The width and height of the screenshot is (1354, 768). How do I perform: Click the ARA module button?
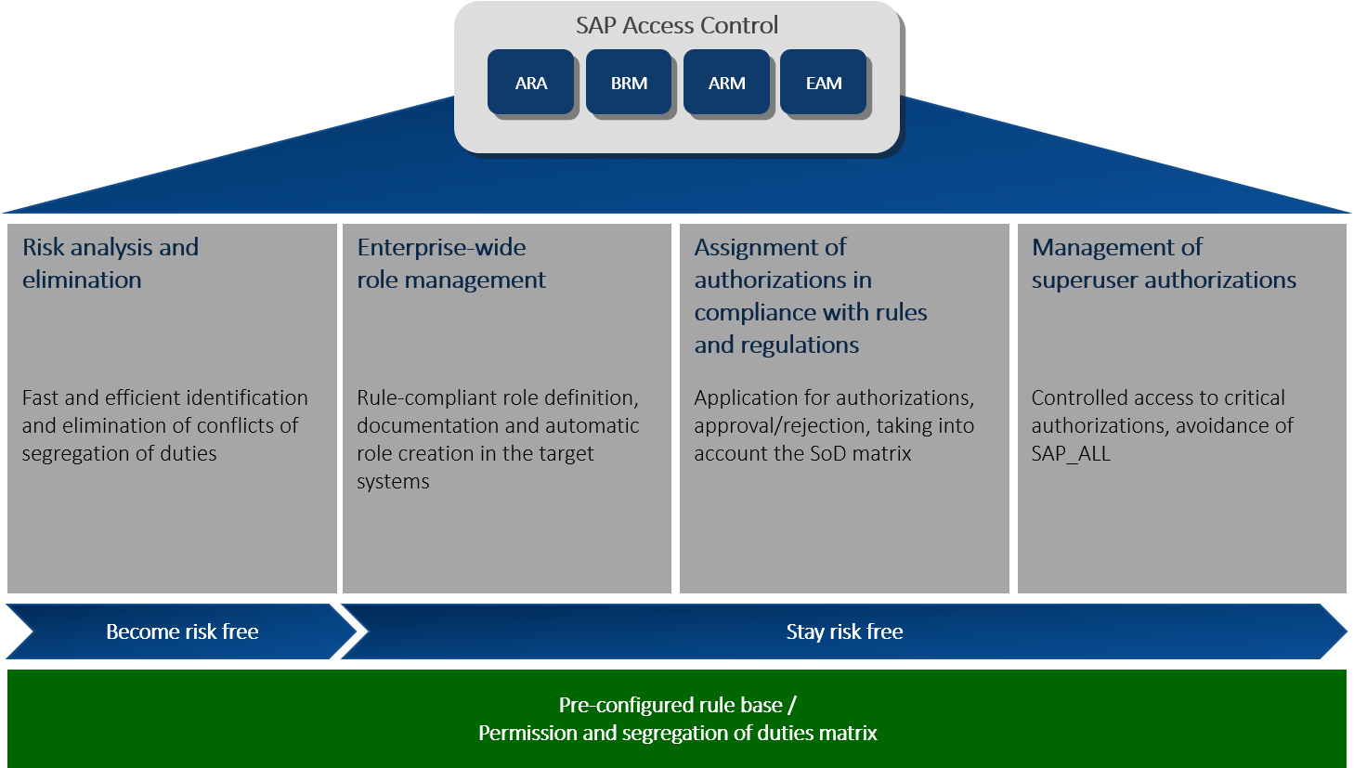point(530,83)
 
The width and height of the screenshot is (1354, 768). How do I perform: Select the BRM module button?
point(629,83)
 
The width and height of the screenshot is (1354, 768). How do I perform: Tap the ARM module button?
point(726,83)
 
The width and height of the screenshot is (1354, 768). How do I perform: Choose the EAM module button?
point(824,83)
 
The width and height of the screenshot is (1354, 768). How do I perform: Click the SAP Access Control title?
point(677,25)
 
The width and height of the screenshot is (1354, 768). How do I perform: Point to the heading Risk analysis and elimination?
point(110,263)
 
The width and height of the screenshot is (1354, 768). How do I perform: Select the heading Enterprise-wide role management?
point(451,263)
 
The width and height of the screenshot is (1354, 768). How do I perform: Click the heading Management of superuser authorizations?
point(1163,263)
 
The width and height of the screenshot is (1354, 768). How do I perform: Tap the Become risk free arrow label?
point(182,631)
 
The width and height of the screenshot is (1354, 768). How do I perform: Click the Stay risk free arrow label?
point(844,631)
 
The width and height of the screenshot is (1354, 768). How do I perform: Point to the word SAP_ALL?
point(1071,453)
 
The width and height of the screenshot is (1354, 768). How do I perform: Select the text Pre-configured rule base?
point(670,705)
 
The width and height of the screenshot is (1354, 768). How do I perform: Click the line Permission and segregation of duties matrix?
point(677,733)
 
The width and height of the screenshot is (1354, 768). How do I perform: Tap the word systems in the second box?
point(393,481)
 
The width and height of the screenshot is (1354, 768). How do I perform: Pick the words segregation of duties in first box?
point(119,453)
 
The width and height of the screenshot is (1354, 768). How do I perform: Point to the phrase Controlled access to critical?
point(1158,397)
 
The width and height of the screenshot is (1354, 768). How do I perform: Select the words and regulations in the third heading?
point(776,345)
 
